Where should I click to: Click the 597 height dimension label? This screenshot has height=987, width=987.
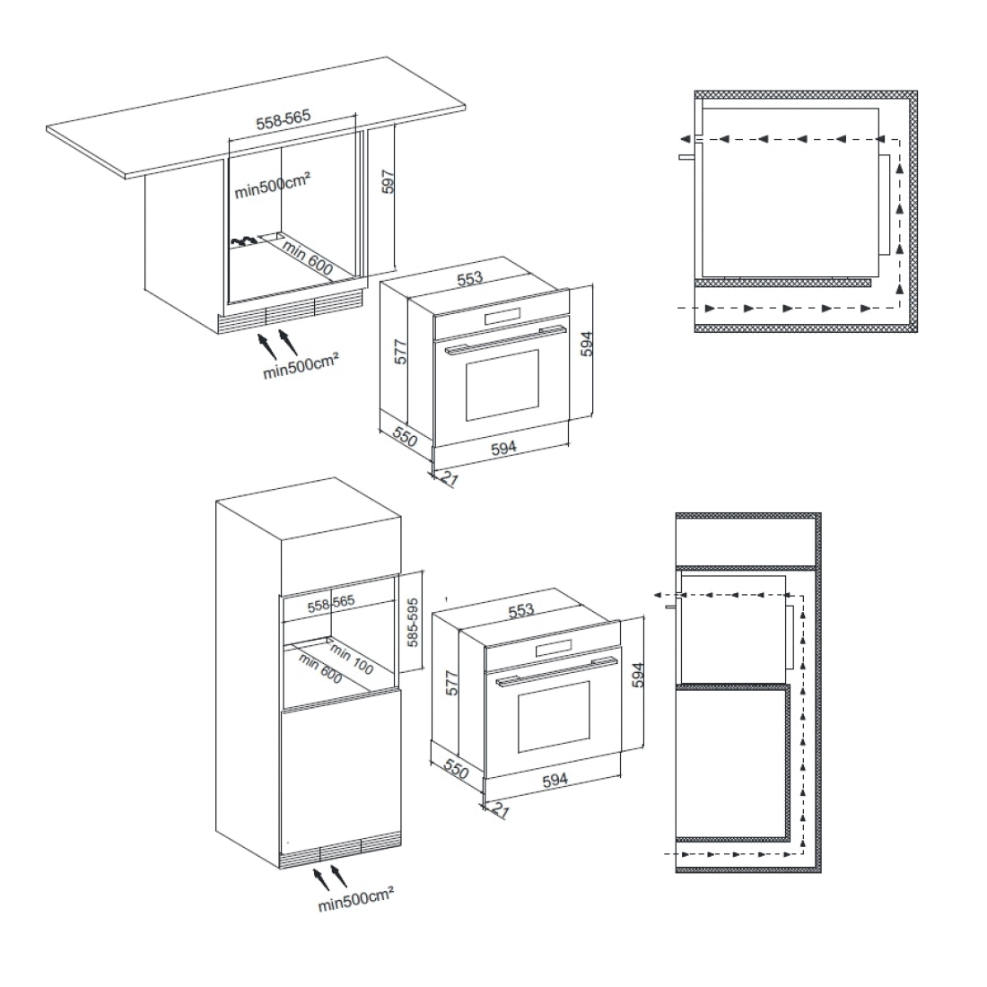pos(389,182)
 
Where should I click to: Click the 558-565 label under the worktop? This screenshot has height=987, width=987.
pos(284,119)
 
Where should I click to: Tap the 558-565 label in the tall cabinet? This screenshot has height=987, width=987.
pos(331,604)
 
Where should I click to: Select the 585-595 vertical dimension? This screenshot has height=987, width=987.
pos(413,622)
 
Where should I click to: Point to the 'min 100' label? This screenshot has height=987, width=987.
pos(351,659)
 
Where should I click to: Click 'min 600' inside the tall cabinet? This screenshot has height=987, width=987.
pos(320,668)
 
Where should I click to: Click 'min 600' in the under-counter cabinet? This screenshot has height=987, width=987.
pos(307,257)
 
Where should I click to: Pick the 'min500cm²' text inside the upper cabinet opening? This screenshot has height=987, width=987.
pos(272,186)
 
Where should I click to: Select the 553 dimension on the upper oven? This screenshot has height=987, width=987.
pos(469,278)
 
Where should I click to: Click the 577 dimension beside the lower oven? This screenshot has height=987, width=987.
pos(452,683)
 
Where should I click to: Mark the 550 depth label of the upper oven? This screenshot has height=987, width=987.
pos(405,435)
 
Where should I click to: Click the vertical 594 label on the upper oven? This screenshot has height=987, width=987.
pos(587,344)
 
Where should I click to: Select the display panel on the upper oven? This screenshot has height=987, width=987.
pos(503,318)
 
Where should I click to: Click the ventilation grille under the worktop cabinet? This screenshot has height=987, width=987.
pos(291,312)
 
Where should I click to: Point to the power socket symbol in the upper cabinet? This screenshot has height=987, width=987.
pos(243,240)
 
